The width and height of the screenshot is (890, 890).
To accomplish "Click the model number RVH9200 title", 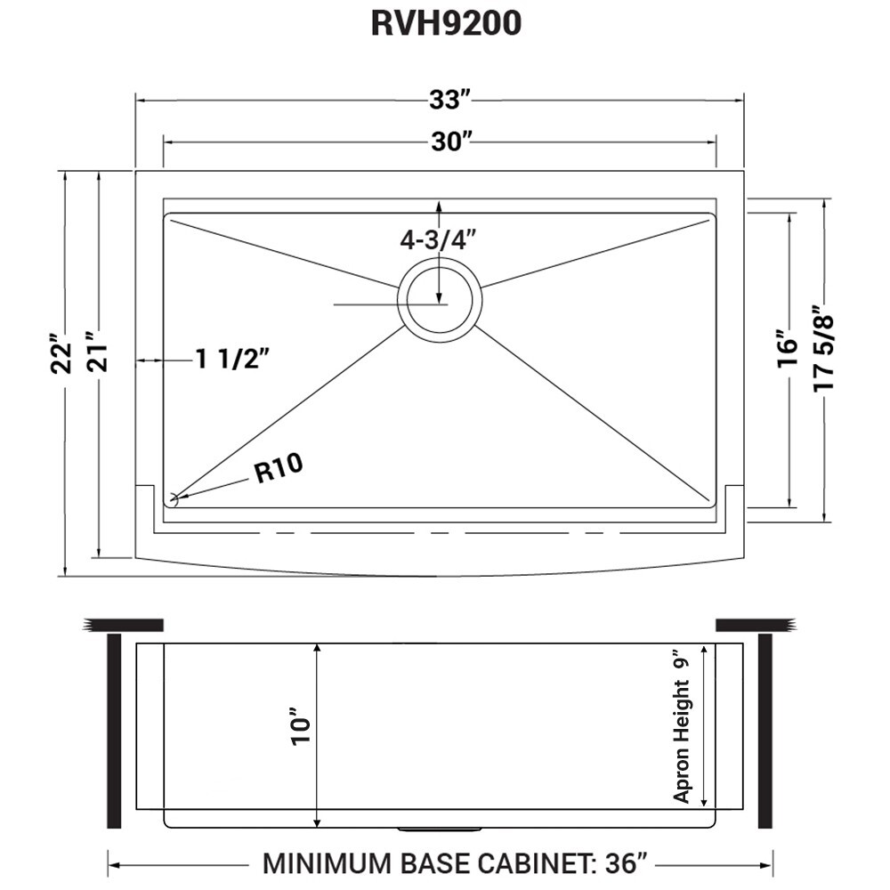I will [x=445, y=25].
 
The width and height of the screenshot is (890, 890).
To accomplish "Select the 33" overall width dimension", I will [x=446, y=101].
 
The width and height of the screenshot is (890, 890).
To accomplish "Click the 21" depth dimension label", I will [x=98, y=355].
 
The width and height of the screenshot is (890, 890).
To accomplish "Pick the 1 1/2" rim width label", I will [x=232, y=360].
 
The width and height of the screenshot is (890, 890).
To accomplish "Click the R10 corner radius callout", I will [x=279, y=468].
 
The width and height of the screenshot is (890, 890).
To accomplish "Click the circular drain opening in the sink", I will [x=440, y=300].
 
